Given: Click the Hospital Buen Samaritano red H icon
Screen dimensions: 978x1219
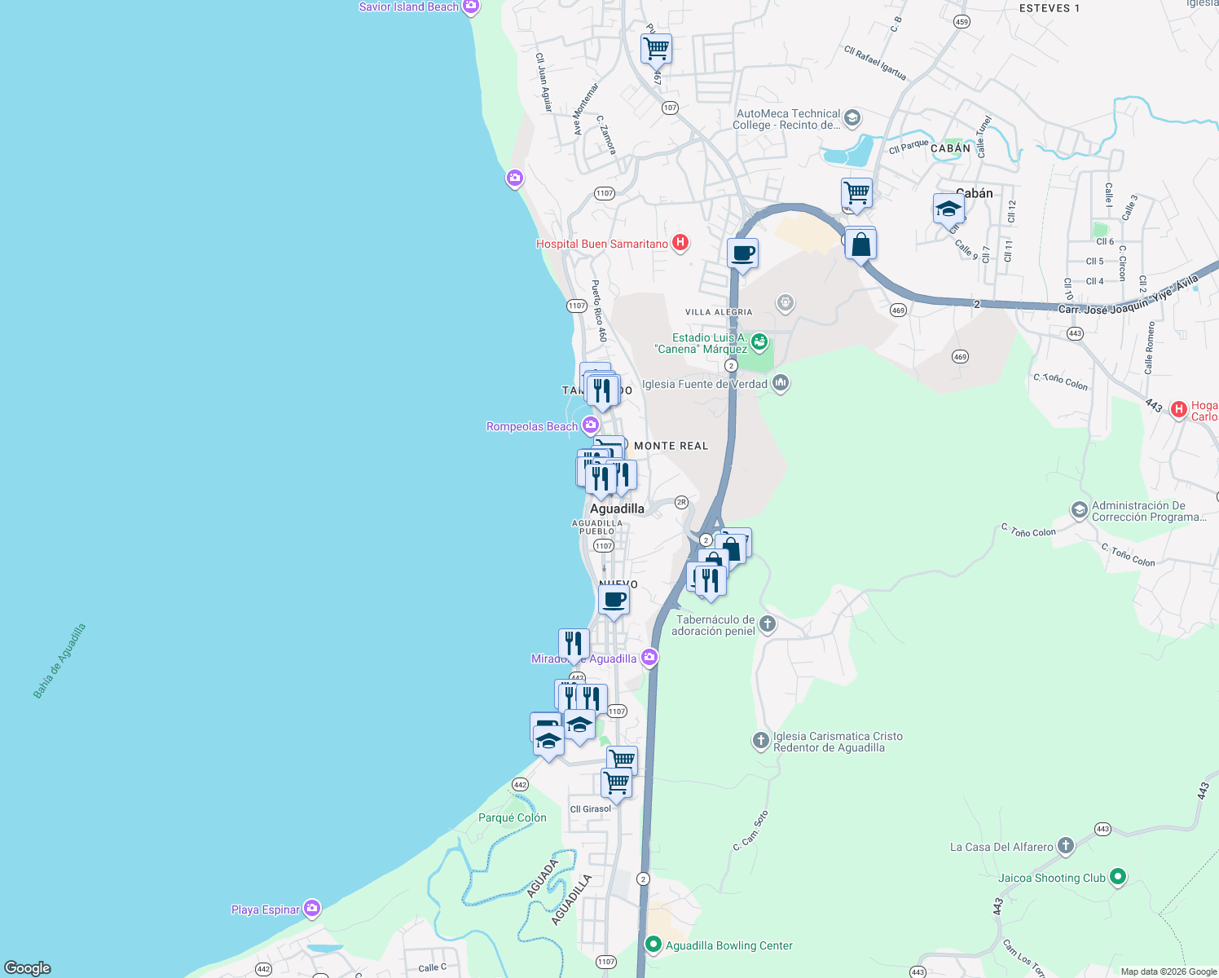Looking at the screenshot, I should click(x=680, y=243).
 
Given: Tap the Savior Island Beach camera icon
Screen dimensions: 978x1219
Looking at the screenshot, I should click(x=470, y=7).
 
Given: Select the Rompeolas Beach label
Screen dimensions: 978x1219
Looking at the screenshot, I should click(x=531, y=426).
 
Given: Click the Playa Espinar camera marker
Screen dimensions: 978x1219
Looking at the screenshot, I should click(x=311, y=909).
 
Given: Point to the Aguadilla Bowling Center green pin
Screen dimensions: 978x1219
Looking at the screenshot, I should click(x=653, y=945).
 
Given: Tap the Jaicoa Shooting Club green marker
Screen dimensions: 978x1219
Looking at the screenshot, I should click(x=1118, y=877).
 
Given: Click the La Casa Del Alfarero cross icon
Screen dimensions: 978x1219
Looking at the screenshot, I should click(x=1066, y=846).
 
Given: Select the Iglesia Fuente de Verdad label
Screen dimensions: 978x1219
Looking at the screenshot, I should click(x=704, y=384).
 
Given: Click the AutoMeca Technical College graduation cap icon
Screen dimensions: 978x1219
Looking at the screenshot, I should click(x=852, y=118).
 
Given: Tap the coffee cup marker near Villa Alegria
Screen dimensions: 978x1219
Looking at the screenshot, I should click(x=742, y=253).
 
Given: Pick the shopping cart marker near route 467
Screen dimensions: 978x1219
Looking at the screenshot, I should click(x=656, y=49).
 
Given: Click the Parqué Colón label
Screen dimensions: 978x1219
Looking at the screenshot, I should click(x=512, y=817).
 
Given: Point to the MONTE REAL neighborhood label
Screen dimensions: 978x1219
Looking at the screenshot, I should click(x=671, y=446).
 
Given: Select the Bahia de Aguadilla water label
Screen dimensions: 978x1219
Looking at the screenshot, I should click(x=59, y=661).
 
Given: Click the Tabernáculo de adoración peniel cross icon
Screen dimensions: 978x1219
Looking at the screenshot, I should click(x=767, y=625).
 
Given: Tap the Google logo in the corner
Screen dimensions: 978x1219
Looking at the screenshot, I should click(x=28, y=967).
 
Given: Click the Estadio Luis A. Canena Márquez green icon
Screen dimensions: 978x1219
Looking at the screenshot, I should click(x=759, y=341).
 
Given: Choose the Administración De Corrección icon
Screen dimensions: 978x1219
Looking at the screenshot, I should click(x=1080, y=511).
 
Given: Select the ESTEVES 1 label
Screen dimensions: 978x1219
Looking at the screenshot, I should click(x=1049, y=8).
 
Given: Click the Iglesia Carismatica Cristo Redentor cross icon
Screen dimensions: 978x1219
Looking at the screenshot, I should click(x=760, y=741).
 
